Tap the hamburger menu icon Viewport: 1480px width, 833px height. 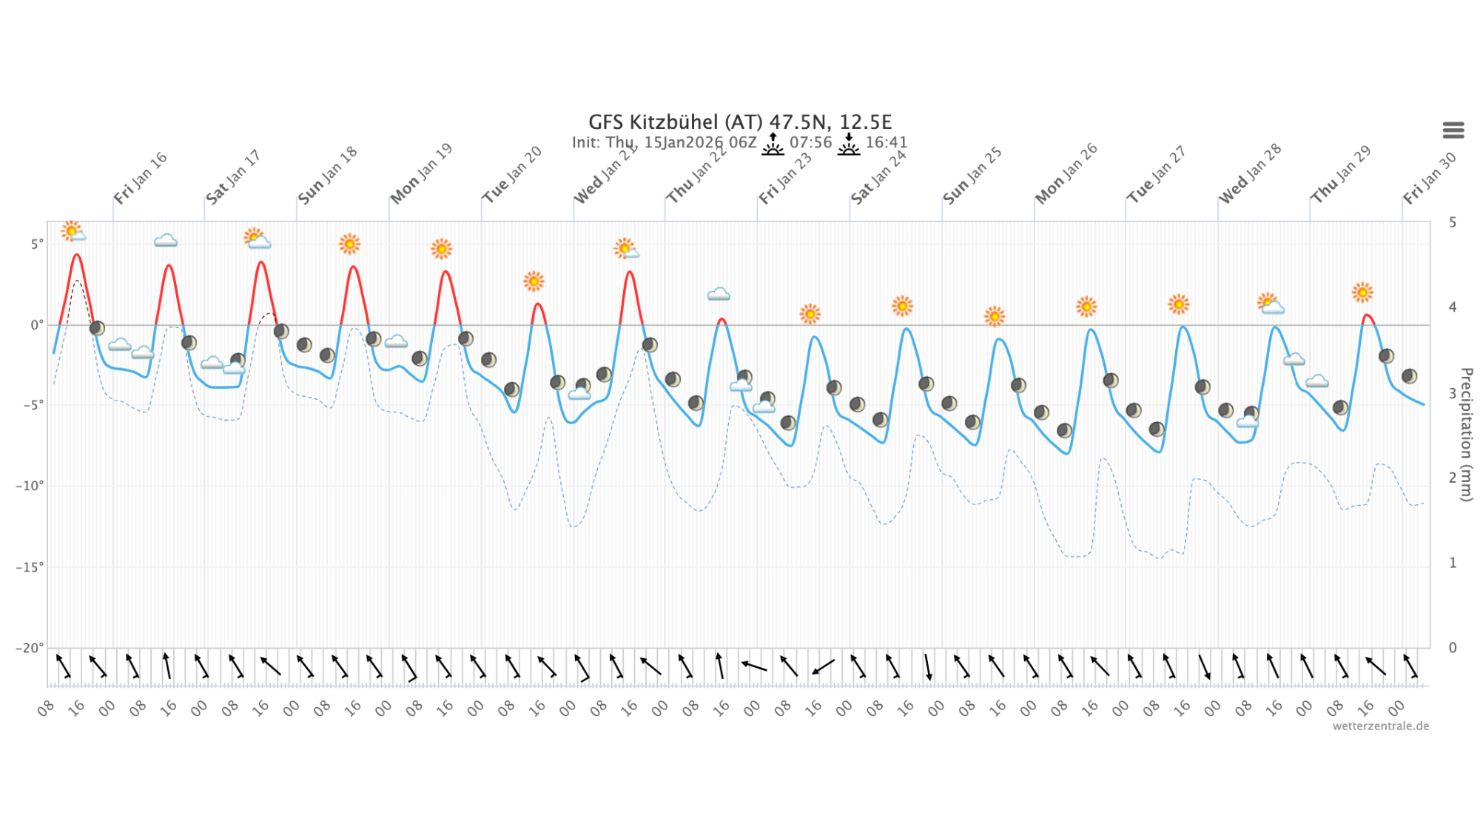coord(1453,130)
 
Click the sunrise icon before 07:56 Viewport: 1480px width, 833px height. coord(773,144)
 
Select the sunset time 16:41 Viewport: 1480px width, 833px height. coord(886,142)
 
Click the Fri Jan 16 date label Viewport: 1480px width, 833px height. coord(141,178)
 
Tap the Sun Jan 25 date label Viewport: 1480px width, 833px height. coord(972,175)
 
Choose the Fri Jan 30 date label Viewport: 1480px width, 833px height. coord(1430,178)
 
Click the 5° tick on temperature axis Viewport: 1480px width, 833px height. coord(37,244)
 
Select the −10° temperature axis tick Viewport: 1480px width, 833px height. coord(30,486)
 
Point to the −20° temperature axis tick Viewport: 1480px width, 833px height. coord(30,648)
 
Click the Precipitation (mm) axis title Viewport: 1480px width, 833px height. coord(1466,435)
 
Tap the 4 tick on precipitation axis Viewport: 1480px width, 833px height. coord(1453,307)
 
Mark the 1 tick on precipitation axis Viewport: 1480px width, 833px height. coord(1453,563)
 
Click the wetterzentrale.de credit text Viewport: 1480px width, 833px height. coord(1380,726)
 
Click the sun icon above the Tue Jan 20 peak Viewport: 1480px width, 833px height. coord(534,281)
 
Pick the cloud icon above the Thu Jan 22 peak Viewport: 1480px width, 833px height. coord(719,295)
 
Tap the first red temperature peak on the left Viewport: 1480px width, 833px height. coord(77,255)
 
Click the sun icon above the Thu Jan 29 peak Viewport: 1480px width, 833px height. coord(1362,292)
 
